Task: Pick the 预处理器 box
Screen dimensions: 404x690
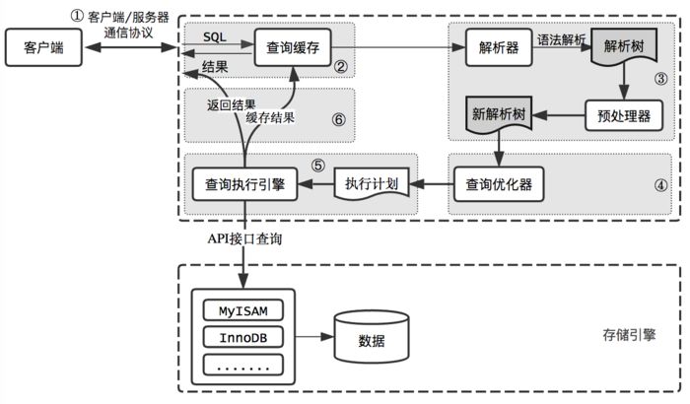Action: (621, 115)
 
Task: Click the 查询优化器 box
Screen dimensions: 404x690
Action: (498, 182)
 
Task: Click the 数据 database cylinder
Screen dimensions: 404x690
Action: (372, 340)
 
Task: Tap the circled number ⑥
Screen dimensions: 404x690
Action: (337, 118)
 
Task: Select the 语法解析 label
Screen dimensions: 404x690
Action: (562, 37)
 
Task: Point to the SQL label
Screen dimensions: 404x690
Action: (215, 34)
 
